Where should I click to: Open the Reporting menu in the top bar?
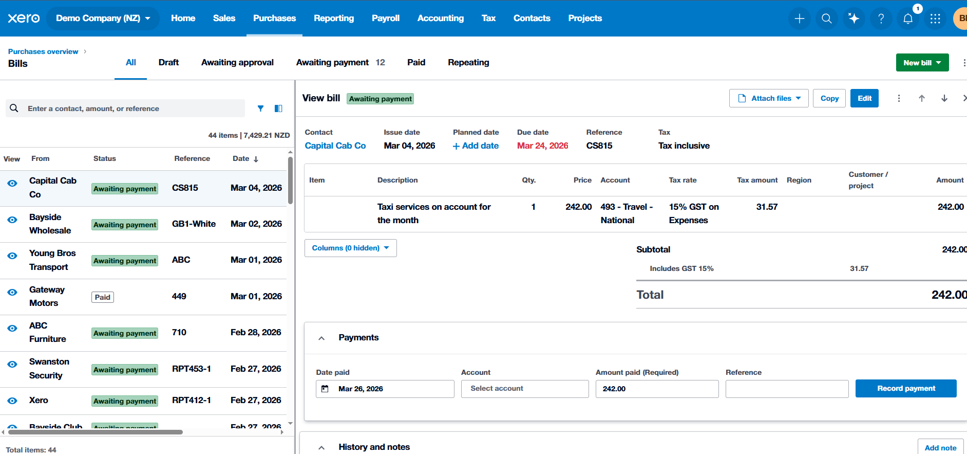[334, 18]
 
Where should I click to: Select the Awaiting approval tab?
[237, 62]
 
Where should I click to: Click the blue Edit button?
[864, 98]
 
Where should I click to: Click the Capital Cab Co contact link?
[335, 146]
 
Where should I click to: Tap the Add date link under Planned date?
[476, 146]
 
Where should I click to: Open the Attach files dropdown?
[769, 98]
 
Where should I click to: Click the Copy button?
[829, 98]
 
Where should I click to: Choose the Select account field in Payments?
[524, 389]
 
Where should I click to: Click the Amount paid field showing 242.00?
[657, 389]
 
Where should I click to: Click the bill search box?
[134, 108]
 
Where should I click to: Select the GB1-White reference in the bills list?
[194, 224]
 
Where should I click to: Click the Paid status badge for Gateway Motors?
[103, 297]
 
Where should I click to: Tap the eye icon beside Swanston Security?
[12, 365]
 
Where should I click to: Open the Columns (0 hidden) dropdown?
[350, 248]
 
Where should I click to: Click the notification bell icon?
[908, 19]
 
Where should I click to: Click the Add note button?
[940, 447]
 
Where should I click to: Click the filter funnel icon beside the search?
[261, 108]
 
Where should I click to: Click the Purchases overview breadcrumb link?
[43, 51]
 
